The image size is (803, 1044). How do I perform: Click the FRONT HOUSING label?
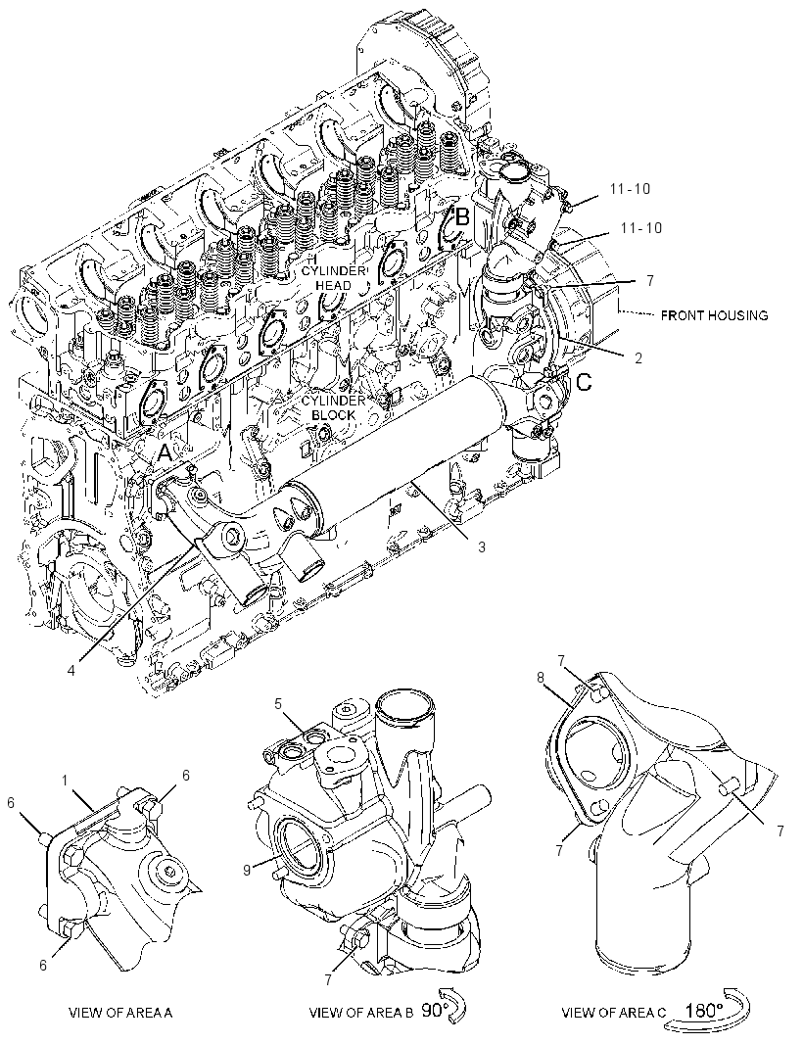point(714,315)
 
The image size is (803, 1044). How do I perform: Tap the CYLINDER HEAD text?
point(334,278)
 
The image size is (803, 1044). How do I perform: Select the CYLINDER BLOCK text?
point(334,407)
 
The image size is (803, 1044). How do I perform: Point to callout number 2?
point(638,358)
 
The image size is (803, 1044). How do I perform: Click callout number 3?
point(482,547)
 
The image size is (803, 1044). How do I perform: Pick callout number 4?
point(71,650)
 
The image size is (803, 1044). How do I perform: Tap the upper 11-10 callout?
point(630,189)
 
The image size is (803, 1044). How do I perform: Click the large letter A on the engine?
point(165,454)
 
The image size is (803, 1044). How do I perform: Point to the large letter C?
point(584,383)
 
